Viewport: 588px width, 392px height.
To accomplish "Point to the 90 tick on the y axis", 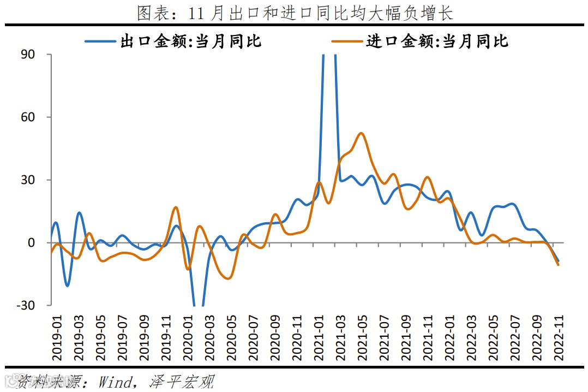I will click(x=28, y=55).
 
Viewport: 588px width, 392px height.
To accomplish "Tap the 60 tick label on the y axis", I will click(x=28, y=117).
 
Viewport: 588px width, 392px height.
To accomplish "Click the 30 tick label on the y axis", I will click(x=28, y=180).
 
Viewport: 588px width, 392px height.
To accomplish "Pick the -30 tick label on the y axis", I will click(x=26, y=306).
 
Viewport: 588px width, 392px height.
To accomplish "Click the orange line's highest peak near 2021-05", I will click(x=361, y=133).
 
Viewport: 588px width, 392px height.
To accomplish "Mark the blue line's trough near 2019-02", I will click(x=67, y=286).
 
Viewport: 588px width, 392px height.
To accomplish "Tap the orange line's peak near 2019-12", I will click(x=176, y=207).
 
